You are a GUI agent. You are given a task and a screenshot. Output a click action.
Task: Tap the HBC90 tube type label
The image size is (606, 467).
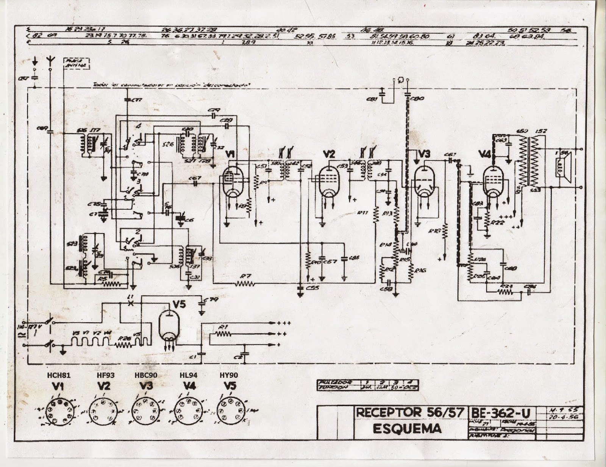pos(145,375)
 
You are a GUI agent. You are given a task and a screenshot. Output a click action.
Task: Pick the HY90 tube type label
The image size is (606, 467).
pos(230,375)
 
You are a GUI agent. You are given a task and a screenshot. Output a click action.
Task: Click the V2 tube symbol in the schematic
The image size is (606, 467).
pos(328,182)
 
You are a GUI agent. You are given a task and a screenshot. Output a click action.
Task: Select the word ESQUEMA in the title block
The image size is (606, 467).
pos(407,428)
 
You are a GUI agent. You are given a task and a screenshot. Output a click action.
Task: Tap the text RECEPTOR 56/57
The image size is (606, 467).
pos(410,412)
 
